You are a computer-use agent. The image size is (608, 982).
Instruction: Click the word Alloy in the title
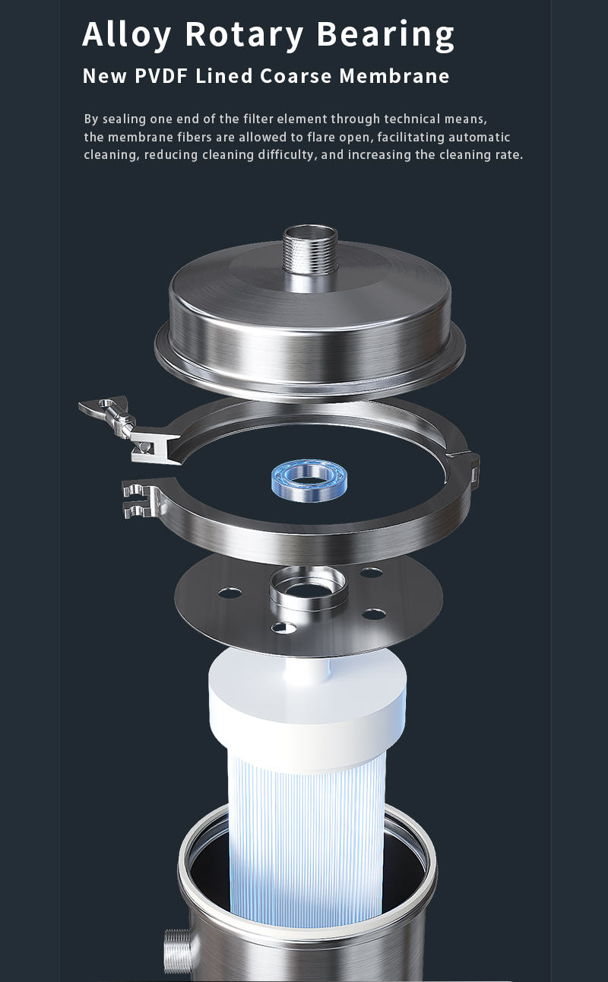[127, 34]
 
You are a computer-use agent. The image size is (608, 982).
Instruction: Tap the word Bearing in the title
[385, 35]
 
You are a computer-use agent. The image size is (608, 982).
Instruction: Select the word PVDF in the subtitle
[161, 76]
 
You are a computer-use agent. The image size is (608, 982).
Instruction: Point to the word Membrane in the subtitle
[394, 76]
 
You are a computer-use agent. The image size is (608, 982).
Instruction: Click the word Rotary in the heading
[244, 35]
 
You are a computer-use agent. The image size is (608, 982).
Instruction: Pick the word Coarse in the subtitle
[296, 76]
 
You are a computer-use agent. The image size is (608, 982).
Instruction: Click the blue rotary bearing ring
[309, 480]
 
